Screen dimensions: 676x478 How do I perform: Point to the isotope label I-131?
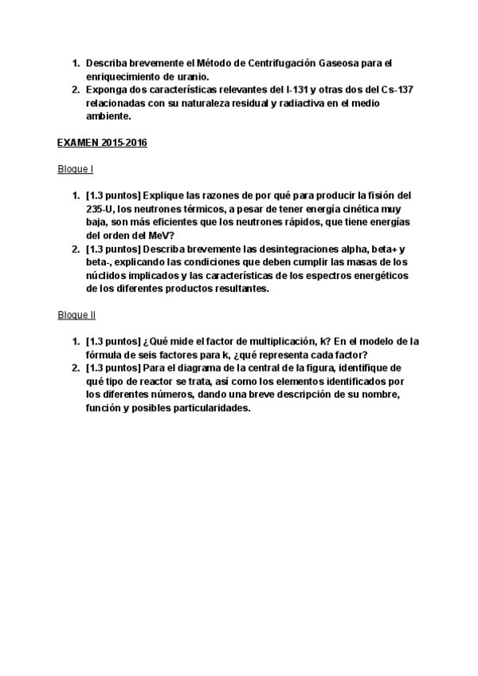coord(299,90)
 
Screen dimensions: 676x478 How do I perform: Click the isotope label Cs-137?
coord(396,90)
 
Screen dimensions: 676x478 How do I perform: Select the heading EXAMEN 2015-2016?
coord(102,143)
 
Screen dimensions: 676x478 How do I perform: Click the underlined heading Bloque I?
coord(76,170)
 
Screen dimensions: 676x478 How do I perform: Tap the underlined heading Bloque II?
coord(77,315)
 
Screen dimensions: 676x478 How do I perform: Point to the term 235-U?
coord(100,210)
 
